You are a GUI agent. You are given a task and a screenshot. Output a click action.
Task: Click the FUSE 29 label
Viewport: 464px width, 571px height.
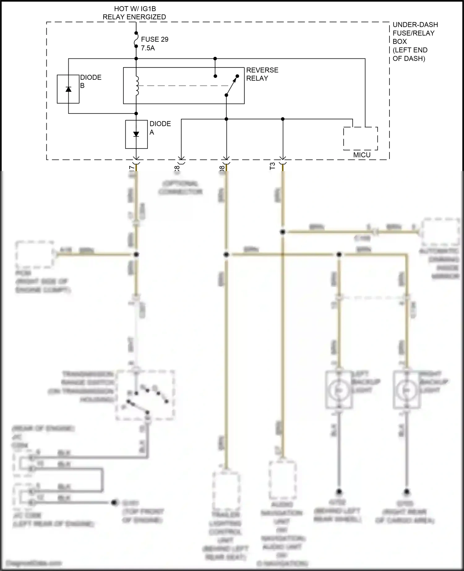pyautogui.click(x=155, y=39)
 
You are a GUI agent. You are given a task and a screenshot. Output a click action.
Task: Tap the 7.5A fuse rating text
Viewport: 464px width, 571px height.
pyautogui.click(x=148, y=48)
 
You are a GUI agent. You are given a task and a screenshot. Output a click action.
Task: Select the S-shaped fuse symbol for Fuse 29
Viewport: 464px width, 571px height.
pyautogui.click(x=136, y=40)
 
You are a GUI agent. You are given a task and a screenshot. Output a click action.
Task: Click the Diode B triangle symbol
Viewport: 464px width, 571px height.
pyautogui.click(x=68, y=89)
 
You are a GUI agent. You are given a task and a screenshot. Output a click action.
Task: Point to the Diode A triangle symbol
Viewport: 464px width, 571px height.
pyautogui.click(x=136, y=134)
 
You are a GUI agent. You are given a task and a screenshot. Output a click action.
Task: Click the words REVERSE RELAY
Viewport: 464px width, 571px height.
pyautogui.click(x=262, y=74)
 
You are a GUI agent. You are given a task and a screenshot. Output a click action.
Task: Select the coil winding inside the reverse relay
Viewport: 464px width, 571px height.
pyautogui.click(x=137, y=86)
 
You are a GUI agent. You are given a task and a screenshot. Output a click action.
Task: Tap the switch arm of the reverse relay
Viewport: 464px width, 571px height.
pyautogui.click(x=231, y=86)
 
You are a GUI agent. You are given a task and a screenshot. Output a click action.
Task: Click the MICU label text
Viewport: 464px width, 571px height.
pyautogui.click(x=362, y=155)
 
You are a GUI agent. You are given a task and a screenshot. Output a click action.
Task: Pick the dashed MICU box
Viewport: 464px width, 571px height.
pyautogui.click(x=360, y=139)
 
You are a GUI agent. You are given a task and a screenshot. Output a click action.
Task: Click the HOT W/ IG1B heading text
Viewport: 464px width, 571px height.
pyautogui.click(x=135, y=9)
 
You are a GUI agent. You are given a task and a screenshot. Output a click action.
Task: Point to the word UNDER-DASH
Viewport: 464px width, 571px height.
pyautogui.click(x=415, y=24)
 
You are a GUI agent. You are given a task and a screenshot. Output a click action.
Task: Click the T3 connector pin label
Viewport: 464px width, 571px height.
pyautogui.click(x=272, y=166)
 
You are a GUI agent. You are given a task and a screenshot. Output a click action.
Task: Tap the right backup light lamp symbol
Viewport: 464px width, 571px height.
pyautogui.click(x=406, y=390)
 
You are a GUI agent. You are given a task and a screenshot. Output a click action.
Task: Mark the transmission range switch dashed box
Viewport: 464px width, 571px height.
pyautogui.click(x=145, y=395)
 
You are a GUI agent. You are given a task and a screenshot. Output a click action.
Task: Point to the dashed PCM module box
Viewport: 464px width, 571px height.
pyautogui.click(x=35, y=254)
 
